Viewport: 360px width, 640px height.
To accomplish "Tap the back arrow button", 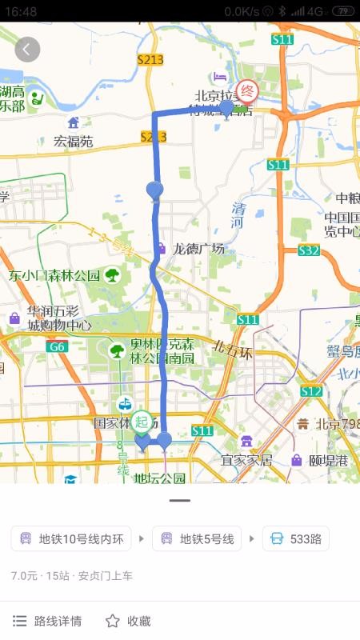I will (x=27, y=50).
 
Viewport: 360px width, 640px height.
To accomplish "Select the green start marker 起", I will (x=142, y=422).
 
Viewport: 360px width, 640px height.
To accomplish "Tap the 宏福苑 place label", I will (x=74, y=142).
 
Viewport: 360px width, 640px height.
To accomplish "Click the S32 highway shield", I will (x=309, y=250).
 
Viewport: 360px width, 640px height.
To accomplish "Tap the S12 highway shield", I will (x=311, y=391).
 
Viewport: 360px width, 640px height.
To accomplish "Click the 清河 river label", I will (x=238, y=215).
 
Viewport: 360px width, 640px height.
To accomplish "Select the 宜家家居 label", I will (x=246, y=460).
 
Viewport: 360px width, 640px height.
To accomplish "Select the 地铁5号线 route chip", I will (x=200, y=538).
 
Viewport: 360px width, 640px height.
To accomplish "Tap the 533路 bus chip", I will (x=296, y=538).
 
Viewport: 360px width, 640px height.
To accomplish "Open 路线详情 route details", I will (x=48, y=621).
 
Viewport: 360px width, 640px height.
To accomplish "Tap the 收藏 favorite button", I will (x=128, y=621).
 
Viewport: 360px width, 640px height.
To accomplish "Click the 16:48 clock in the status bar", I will (x=21, y=11).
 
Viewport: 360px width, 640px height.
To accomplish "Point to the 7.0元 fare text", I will (x=23, y=575).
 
